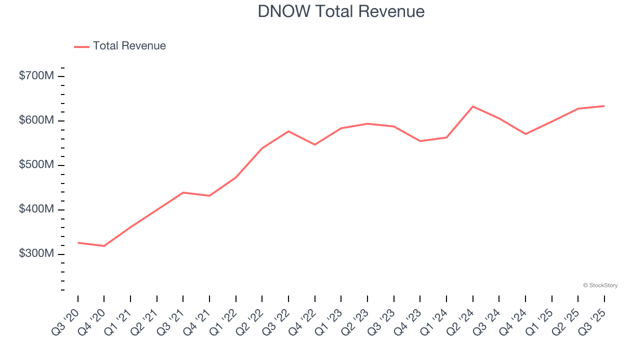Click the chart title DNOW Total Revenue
[341, 11]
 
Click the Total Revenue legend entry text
[129, 46]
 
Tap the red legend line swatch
[81, 46]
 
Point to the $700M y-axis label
[36, 76]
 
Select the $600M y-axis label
[36, 120]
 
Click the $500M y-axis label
[36, 165]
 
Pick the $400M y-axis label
[36, 209]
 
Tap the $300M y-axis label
[36, 254]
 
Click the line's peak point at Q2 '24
[472, 106]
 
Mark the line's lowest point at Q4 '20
[104, 246]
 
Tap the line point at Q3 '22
[288, 131]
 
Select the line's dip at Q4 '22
[314, 144]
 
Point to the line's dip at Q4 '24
[525, 134]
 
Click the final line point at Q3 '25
[604, 106]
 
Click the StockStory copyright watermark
[600, 285]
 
